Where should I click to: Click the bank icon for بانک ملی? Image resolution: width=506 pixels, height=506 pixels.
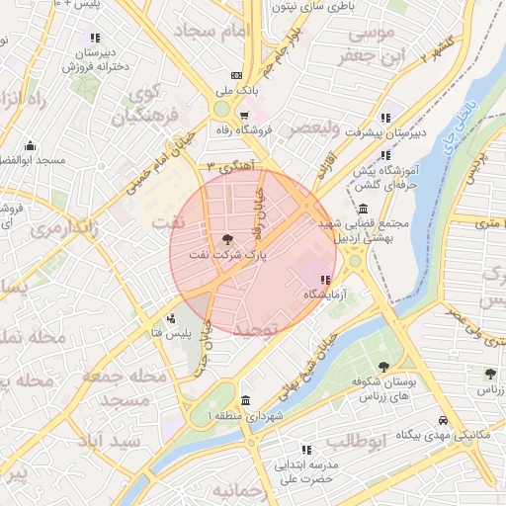pyautogui.click(x=235, y=75)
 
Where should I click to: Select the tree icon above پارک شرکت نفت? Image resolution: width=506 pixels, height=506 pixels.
pyautogui.click(x=226, y=238)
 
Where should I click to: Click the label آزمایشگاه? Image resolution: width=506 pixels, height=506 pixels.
pyautogui.click(x=324, y=295)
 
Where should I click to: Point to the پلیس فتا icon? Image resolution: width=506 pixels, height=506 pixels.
pyautogui.click(x=172, y=318)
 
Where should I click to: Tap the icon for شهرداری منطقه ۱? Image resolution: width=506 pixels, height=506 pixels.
pyautogui.click(x=244, y=400)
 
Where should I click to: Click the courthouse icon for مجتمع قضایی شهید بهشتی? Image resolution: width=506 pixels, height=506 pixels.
pyautogui.click(x=364, y=210)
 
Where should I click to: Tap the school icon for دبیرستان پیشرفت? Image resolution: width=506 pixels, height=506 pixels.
pyautogui.click(x=384, y=113)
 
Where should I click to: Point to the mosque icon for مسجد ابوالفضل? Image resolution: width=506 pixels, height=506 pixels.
pyautogui.click(x=31, y=144)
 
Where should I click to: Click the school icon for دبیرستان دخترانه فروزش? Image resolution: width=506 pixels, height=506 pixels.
pyautogui.click(x=95, y=39)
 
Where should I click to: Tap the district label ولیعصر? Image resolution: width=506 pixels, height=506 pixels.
pyautogui.click(x=311, y=128)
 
